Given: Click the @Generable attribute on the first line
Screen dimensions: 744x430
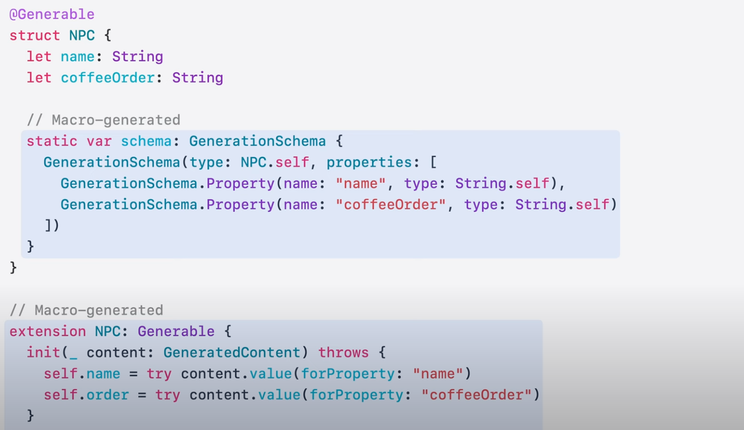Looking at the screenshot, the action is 52,14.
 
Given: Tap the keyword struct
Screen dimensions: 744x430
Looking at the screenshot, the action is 35,36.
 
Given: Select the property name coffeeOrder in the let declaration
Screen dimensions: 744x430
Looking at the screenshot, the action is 108,78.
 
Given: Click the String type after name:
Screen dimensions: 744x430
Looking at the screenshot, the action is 137,56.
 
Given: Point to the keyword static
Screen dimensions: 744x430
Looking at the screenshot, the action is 52,141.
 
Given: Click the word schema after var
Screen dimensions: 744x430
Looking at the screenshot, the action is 146,141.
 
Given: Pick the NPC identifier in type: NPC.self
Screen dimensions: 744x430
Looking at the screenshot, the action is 253,162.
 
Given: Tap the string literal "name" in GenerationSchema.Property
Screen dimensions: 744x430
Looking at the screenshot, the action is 360,183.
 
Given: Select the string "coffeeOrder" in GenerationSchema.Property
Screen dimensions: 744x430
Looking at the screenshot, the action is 391,204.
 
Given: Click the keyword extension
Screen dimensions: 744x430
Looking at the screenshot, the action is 48,331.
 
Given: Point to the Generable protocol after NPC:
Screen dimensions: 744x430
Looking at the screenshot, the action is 176,331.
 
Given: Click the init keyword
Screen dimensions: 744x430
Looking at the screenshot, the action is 43,352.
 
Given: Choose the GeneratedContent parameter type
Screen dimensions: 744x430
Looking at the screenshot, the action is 232,352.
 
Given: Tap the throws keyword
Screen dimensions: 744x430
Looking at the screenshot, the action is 343,352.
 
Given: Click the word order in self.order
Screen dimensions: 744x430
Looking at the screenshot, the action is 108,394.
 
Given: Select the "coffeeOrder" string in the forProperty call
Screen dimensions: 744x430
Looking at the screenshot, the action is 476,394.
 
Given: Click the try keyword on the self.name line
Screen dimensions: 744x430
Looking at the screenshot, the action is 159,374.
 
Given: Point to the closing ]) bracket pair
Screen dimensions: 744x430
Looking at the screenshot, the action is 52,225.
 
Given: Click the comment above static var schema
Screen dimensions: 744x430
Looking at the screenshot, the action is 103,120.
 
